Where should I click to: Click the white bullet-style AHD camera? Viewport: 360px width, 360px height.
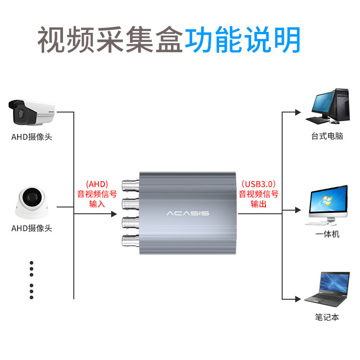[x=31, y=112]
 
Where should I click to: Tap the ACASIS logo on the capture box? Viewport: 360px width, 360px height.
[x=188, y=212]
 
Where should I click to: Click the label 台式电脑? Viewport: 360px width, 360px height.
[x=327, y=136]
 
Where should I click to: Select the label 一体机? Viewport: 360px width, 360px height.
[x=327, y=234]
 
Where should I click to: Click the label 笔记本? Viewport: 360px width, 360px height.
[x=327, y=317]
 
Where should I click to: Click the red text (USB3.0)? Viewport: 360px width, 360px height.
[x=259, y=184]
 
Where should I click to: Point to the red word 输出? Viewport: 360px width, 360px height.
[x=259, y=204]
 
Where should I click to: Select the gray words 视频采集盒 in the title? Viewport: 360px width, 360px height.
[x=111, y=40]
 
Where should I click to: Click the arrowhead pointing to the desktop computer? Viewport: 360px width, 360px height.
[x=297, y=112]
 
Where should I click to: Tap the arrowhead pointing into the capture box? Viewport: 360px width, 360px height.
[x=114, y=215]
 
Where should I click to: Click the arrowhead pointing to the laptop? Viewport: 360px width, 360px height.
[x=297, y=299]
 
